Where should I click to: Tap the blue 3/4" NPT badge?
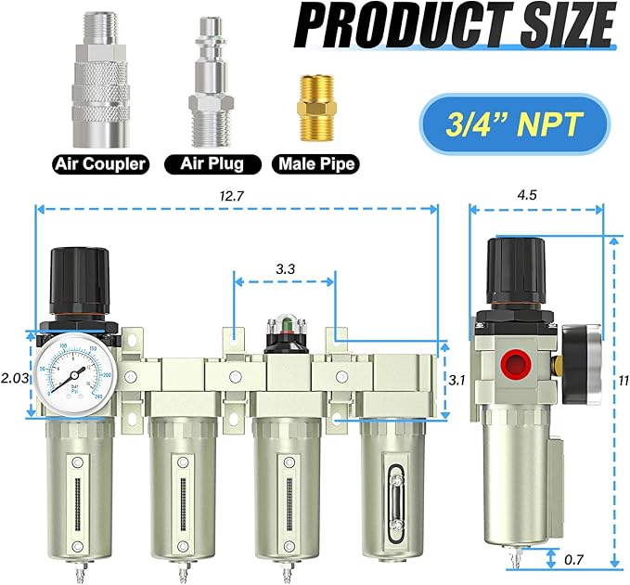[x=511, y=123]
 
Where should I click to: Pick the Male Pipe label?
[x=314, y=164]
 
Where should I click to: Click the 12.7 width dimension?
[x=236, y=196]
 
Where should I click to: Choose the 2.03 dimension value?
[x=13, y=379]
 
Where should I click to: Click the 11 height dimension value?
[x=623, y=380]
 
